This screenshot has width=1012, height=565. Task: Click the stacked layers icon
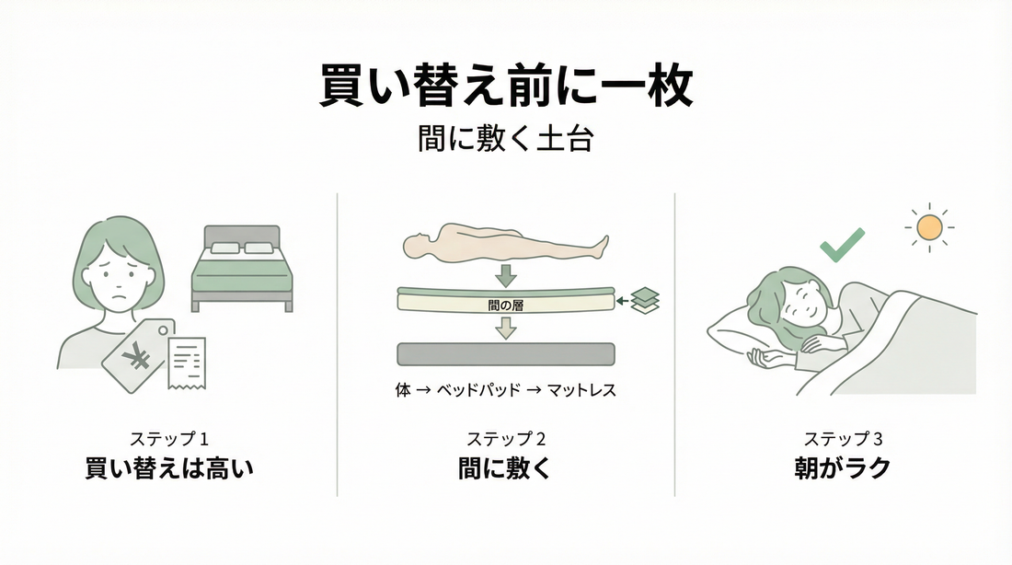tap(646, 300)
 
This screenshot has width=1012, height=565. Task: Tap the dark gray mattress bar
tap(505, 354)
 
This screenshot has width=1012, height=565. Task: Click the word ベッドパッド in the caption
tap(485, 390)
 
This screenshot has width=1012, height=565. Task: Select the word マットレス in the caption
tap(581, 390)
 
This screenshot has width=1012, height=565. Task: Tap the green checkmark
tap(842, 245)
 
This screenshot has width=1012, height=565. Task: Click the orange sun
tap(929, 225)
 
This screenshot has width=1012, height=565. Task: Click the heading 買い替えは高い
tap(168, 468)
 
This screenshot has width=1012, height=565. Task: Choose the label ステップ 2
tap(505, 439)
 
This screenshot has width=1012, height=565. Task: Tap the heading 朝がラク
tap(843, 468)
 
